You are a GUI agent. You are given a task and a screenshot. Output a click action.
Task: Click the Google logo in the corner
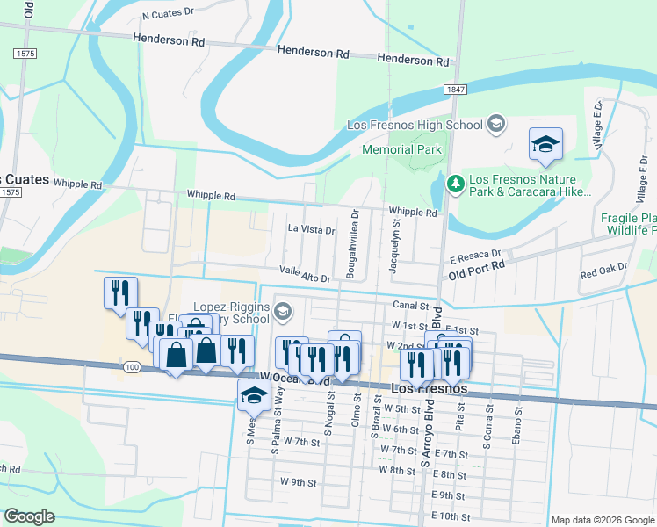(29, 516)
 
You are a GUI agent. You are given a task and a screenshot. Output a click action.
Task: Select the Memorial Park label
(401, 149)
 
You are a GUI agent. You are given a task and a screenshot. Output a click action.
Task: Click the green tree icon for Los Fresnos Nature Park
(455, 184)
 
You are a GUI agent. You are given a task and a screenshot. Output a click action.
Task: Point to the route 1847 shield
(454, 90)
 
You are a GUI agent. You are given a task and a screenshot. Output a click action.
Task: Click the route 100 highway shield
(131, 365)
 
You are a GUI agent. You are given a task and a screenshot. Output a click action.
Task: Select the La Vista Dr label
(312, 230)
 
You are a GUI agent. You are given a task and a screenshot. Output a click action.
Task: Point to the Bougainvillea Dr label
(352, 243)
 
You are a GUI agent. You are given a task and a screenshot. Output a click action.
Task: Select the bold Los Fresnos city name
(427, 388)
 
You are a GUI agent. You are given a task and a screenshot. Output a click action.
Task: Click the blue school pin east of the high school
(545, 144)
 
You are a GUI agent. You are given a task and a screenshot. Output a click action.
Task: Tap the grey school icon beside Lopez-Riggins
(283, 310)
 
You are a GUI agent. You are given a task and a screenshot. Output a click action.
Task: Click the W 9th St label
(298, 482)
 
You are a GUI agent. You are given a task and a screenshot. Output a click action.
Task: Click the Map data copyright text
(602, 520)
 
